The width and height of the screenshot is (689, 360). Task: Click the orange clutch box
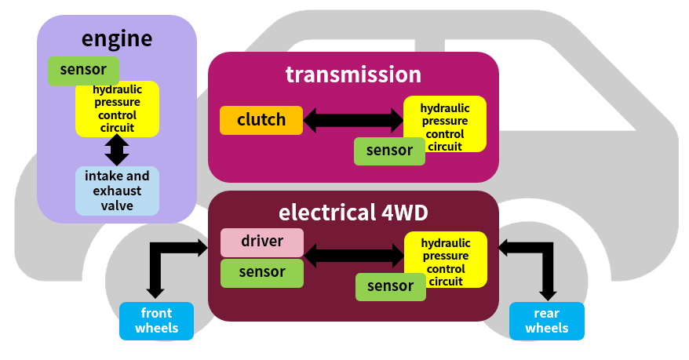[x=261, y=120]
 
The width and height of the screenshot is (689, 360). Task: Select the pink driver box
[x=261, y=242]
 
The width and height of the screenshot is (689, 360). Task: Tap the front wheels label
[x=156, y=321]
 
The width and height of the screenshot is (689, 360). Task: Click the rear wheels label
[x=546, y=321]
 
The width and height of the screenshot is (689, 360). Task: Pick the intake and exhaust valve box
[x=117, y=191]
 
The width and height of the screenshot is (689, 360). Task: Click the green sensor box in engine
[x=83, y=71]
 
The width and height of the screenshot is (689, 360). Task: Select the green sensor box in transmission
[x=389, y=151]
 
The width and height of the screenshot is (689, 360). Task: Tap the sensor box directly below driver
[x=261, y=273]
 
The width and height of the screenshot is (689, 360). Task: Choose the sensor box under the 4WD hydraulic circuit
[x=390, y=286]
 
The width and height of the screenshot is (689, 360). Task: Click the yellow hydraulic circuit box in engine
[x=117, y=108]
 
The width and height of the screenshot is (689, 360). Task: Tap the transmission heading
[x=353, y=75]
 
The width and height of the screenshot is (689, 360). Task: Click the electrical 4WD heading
[x=353, y=213]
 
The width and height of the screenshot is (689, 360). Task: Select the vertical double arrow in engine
[x=117, y=150]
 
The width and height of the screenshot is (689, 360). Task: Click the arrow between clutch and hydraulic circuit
[x=353, y=120]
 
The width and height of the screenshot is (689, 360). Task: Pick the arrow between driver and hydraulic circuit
[x=354, y=254]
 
